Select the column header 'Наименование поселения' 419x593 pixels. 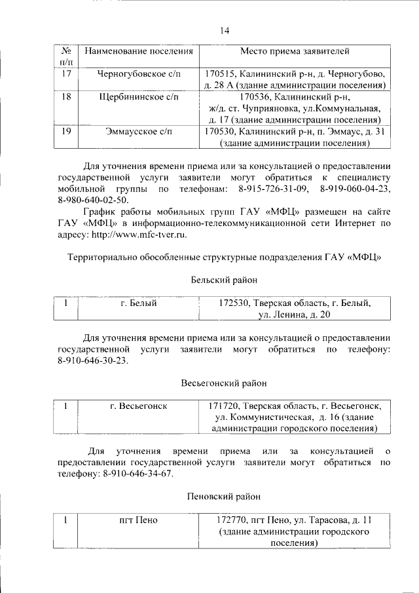[x=138, y=50]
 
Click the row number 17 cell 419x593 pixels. [x=65, y=73]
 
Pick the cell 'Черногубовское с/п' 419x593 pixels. [x=138, y=73]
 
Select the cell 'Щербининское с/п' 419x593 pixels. [x=138, y=97]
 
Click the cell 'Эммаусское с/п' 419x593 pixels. [x=138, y=132]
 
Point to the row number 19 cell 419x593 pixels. [x=65, y=132]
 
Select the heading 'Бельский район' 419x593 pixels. [x=224, y=280]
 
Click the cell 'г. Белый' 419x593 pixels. [x=138, y=303]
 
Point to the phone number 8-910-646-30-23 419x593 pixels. [x=94, y=360]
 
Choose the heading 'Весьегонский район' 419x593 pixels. [x=224, y=383]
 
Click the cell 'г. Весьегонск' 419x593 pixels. [x=138, y=406]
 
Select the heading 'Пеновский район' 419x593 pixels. [x=224, y=497]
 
